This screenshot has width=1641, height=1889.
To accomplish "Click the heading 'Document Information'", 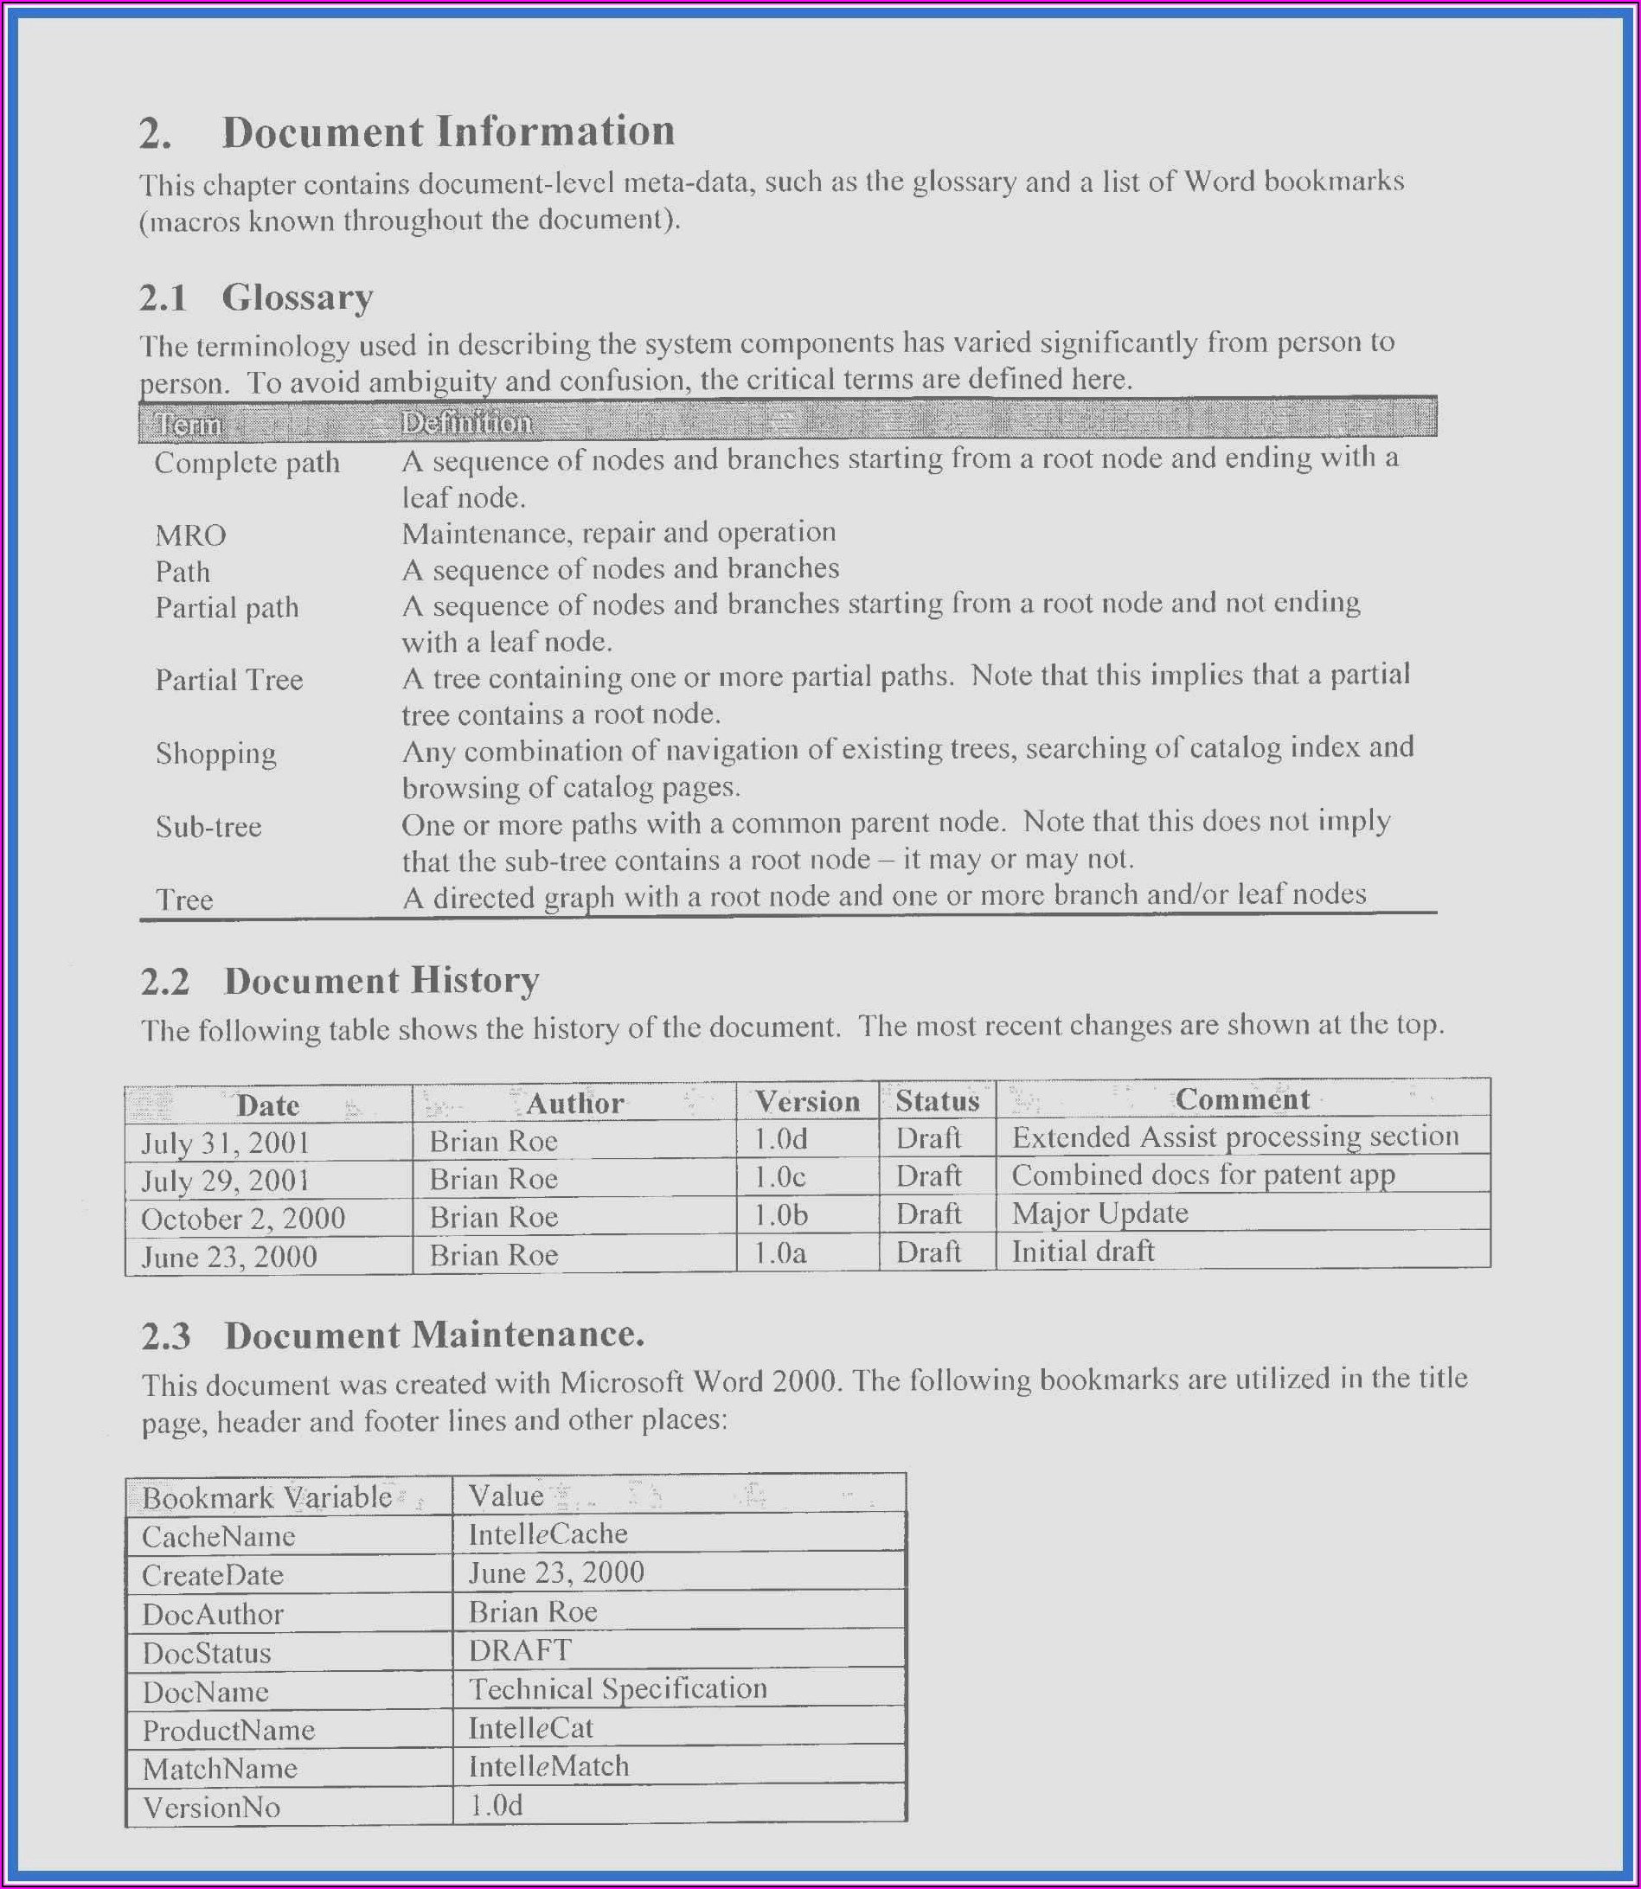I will [448, 131].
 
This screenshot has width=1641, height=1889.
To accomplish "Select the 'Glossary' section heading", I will [298, 298].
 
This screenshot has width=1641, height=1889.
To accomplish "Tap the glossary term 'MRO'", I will [190, 535].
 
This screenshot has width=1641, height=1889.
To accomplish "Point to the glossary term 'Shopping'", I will [215, 753].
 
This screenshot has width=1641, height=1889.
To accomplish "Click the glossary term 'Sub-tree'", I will [208, 827].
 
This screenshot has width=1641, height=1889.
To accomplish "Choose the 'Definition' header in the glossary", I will [466, 422].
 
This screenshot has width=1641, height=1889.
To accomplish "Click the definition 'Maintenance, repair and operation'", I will [619, 532].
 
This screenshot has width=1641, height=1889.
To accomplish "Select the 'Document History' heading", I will [381, 981].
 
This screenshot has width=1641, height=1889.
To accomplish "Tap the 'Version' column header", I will [807, 1102].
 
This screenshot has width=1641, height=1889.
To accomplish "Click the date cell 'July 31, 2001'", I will [225, 1143].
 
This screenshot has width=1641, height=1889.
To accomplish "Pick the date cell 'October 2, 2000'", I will [243, 1219].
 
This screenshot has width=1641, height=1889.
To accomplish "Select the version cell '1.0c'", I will [779, 1176].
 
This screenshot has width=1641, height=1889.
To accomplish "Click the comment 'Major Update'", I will [1099, 1213].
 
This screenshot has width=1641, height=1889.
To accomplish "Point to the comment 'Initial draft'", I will [1083, 1251].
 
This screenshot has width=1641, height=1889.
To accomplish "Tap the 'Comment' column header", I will [1241, 1098].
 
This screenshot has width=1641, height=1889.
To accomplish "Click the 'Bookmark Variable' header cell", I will [266, 1497].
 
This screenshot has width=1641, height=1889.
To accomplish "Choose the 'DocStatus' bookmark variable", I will [207, 1653].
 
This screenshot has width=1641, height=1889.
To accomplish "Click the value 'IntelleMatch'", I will [548, 1765].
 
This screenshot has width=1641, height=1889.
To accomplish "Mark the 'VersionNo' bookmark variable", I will [212, 1808].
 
